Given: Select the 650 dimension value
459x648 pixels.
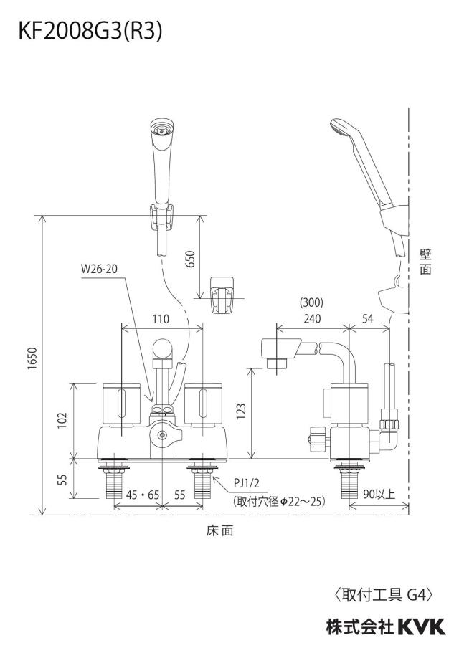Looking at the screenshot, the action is click(191, 259).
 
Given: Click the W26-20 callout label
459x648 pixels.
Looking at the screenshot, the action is click(99, 269).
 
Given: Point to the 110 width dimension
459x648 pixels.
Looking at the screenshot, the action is click(161, 319).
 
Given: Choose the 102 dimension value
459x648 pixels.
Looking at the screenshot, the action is click(62, 420).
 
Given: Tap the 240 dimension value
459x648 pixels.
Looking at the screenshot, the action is click(312, 319).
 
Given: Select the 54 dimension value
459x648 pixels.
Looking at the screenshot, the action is click(368, 319).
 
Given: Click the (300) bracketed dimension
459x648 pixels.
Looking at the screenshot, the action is click(311, 303).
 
